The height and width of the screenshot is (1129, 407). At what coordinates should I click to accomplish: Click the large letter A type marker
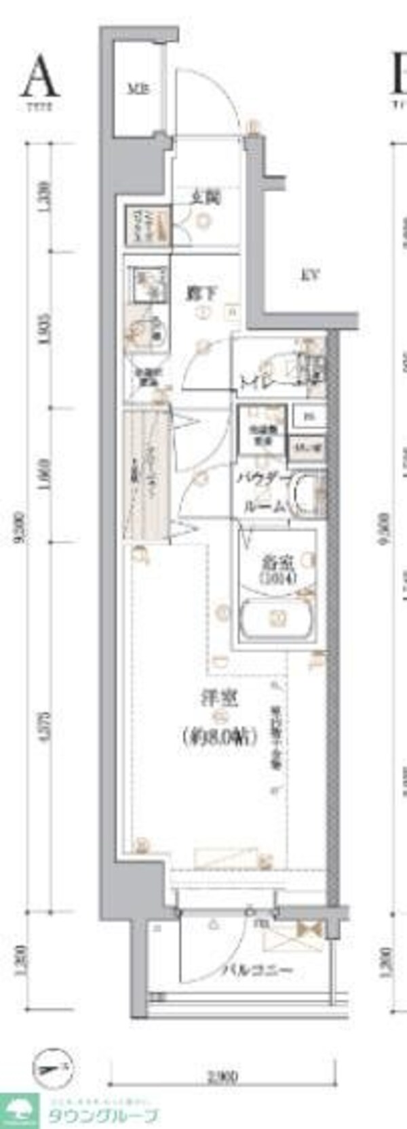39,77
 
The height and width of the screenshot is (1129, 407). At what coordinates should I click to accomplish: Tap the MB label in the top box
140,89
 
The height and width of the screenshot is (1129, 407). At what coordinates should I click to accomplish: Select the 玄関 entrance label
205,198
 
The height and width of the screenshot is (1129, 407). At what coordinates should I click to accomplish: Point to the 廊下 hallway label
201,294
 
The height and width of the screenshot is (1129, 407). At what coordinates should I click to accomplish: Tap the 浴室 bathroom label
277,562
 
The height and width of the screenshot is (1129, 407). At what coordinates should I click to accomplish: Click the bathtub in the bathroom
276,618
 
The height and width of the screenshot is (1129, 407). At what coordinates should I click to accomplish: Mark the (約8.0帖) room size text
219,736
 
